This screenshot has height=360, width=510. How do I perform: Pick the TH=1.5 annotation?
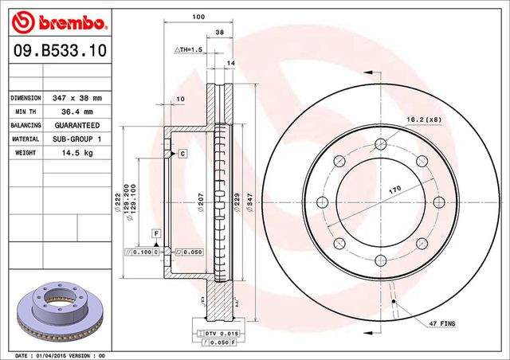pyautogui.click(x=190, y=50)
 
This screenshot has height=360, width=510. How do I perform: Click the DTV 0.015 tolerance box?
pyautogui.click(x=218, y=333)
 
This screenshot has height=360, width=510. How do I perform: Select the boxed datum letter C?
pyautogui.click(x=182, y=153)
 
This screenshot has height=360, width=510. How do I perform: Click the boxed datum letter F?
pyautogui.click(x=156, y=232)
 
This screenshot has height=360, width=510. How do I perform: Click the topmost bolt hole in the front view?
pyautogui.click(x=382, y=144)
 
